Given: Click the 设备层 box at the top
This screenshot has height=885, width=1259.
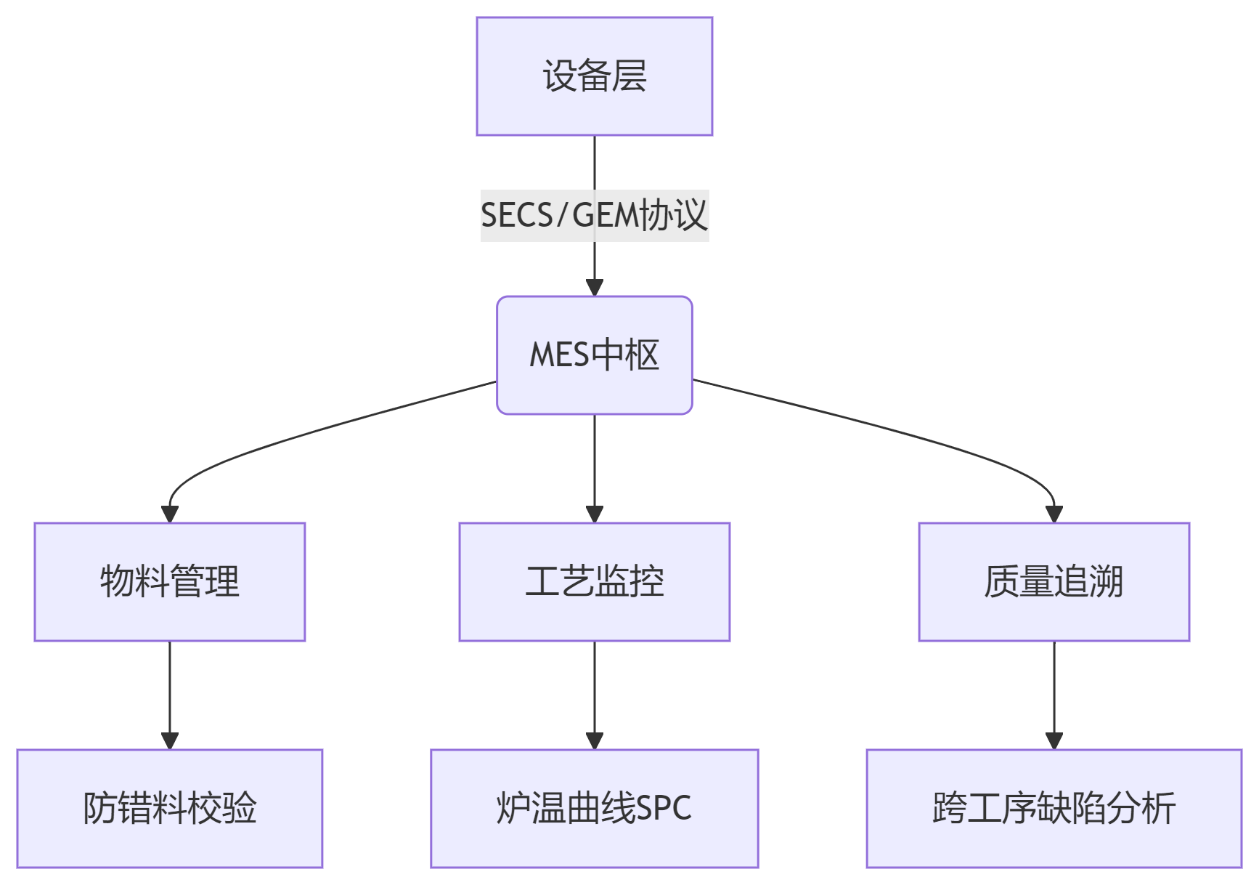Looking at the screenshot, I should (594, 76).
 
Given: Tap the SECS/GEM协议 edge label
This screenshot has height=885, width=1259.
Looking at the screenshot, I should (594, 215).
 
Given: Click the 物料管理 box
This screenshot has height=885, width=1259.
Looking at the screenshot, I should (169, 581).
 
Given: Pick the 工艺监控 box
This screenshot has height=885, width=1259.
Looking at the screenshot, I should (594, 581).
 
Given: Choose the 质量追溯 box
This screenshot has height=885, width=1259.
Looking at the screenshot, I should (1054, 581).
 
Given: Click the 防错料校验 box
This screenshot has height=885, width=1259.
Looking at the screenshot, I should (169, 808).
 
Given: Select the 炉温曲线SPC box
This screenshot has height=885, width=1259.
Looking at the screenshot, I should (594, 808).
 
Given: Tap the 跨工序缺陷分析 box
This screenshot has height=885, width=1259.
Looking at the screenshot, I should (1054, 808).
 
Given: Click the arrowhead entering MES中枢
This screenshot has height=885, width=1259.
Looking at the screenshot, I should (595, 287).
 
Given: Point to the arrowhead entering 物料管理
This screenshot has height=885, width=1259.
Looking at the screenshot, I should (170, 514).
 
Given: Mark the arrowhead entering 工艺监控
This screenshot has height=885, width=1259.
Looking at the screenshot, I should (595, 514).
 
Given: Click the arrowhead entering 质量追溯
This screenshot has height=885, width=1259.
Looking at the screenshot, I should (1054, 514).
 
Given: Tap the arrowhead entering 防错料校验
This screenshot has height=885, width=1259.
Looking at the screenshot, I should (170, 740).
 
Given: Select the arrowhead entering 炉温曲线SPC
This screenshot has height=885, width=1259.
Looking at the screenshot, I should (595, 740).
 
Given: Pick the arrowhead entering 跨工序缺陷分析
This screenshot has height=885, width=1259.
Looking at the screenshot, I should (1054, 740).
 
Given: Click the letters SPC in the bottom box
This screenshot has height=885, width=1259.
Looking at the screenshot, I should (664, 809).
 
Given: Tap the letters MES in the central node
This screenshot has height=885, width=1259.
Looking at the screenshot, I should (559, 355).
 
